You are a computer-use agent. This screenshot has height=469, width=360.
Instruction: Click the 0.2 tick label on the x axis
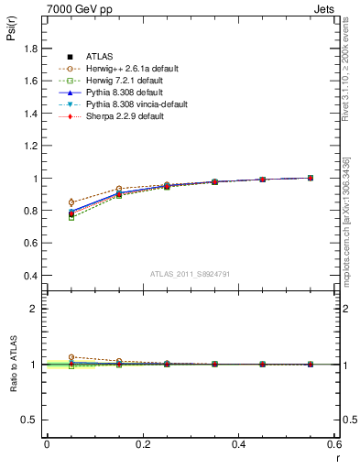pos(143,444)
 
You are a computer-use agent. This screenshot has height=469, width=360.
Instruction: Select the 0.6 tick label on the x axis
pos(334,444)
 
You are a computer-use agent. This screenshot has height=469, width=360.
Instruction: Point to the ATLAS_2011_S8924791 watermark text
pos(190,273)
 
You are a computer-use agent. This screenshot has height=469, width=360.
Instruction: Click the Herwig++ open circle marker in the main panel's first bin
pos(71,202)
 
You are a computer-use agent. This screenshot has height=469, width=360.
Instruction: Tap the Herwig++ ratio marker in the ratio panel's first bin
pos(71,357)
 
